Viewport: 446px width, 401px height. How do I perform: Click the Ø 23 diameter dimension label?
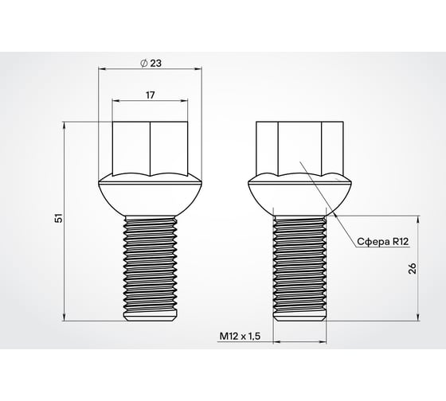pos(151,62)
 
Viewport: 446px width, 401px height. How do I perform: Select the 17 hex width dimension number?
pos(151,95)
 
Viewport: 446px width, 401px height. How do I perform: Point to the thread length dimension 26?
pos(411,268)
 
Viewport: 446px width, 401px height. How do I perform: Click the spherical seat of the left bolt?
pos(150,195)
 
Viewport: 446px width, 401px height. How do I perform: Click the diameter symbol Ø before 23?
pos(143,62)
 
